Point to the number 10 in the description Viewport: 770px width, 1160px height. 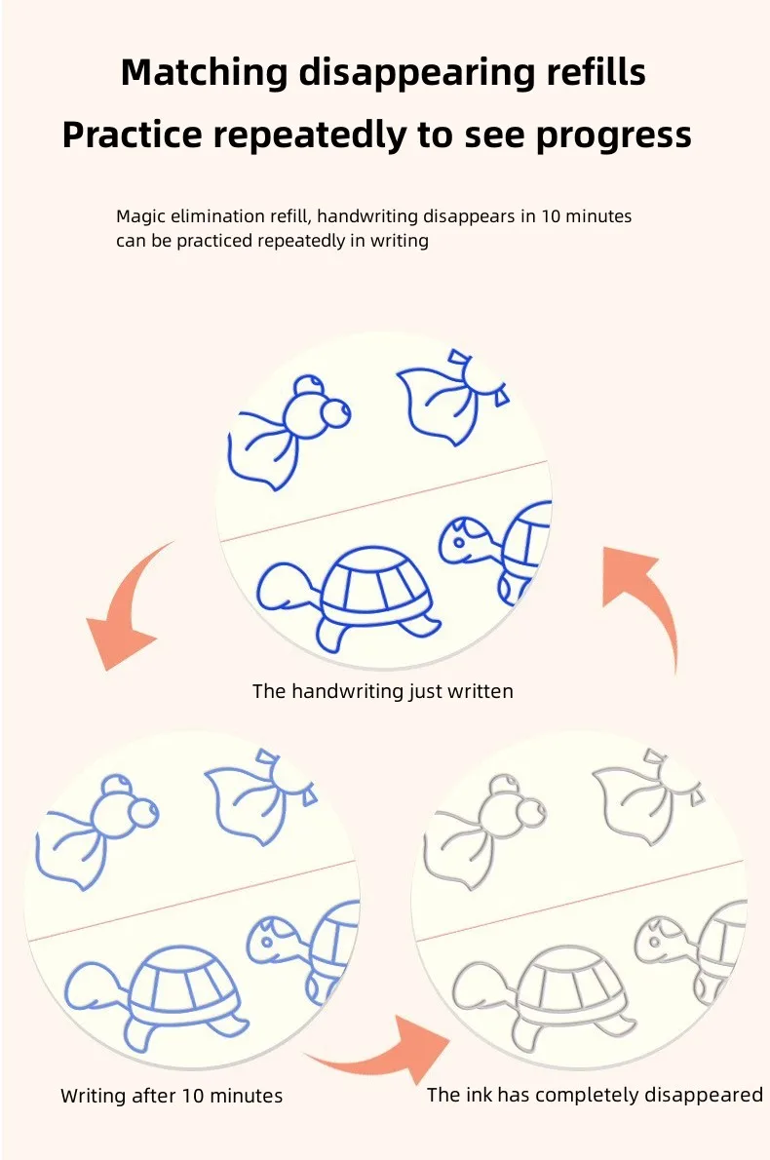coord(551,216)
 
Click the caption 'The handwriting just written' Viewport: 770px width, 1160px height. coord(382,692)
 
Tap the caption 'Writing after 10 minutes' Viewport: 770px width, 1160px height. coord(172,1096)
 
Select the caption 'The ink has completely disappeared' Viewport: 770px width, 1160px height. coord(595,1095)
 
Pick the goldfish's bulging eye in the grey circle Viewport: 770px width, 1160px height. coord(531,813)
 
